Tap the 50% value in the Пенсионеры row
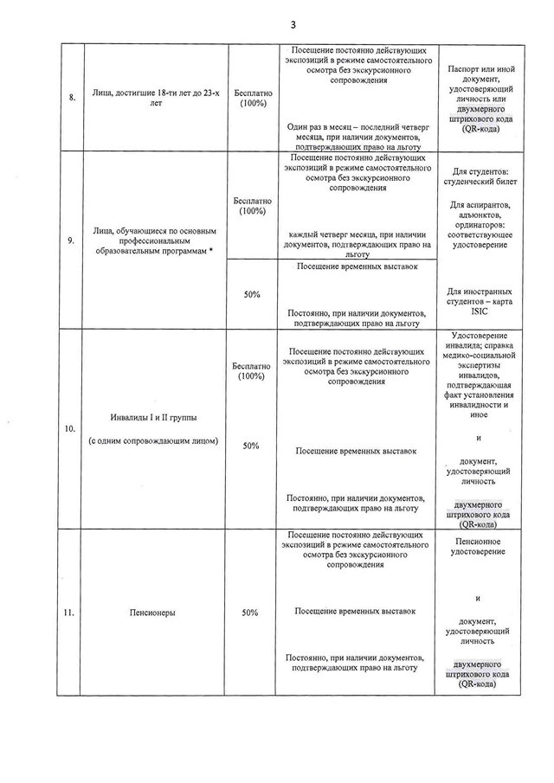point(252,612)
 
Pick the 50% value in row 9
point(252,295)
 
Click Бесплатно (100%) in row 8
point(252,97)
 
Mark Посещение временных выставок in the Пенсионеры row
point(355,611)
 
